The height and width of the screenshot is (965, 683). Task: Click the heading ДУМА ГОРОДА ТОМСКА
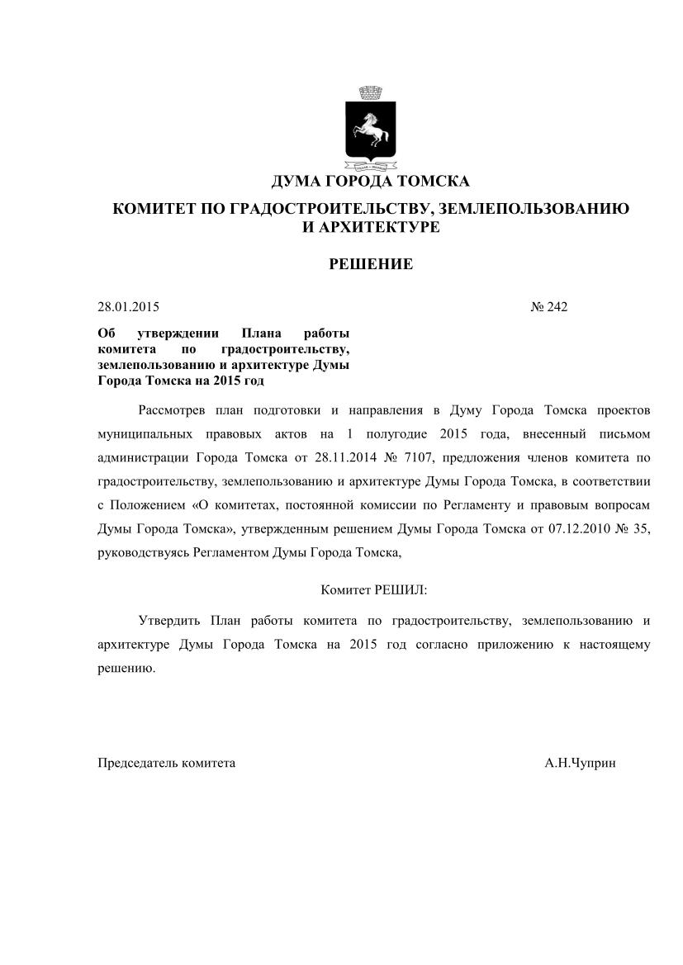(x=371, y=182)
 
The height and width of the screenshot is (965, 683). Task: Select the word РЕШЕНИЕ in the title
(x=371, y=264)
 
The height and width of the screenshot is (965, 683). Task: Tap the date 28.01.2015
(x=128, y=307)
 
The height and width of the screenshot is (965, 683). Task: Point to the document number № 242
(x=549, y=307)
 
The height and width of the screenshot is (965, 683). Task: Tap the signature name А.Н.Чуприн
(x=580, y=764)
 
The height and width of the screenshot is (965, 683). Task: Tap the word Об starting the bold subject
(x=105, y=333)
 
